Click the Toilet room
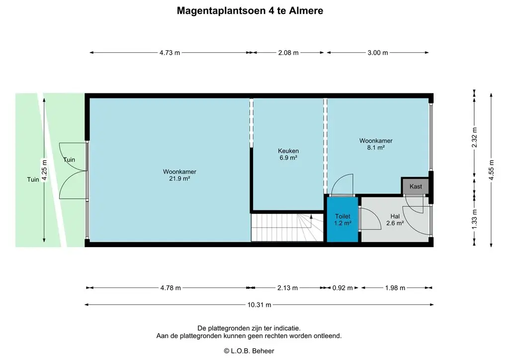[x=342, y=219]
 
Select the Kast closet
[x=416, y=186]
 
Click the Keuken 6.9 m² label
[x=288, y=154]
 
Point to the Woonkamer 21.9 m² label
[x=179, y=175]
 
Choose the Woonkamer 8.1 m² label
[x=376, y=144]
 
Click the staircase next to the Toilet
[x=287, y=228]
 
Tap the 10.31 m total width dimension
[x=259, y=305]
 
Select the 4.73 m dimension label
[x=170, y=53]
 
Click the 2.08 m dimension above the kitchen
[x=288, y=53]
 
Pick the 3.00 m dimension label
[x=378, y=53]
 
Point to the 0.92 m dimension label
[x=342, y=288]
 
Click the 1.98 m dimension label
[x=395, y=288]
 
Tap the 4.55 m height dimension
[x=491, y=170]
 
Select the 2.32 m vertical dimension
[x=474, y=137]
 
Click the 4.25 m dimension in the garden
[x=44, y=170]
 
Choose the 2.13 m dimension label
[x=287, y=288]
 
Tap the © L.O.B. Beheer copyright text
[x=249, y=351]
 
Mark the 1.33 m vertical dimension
[x=474, y=218]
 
